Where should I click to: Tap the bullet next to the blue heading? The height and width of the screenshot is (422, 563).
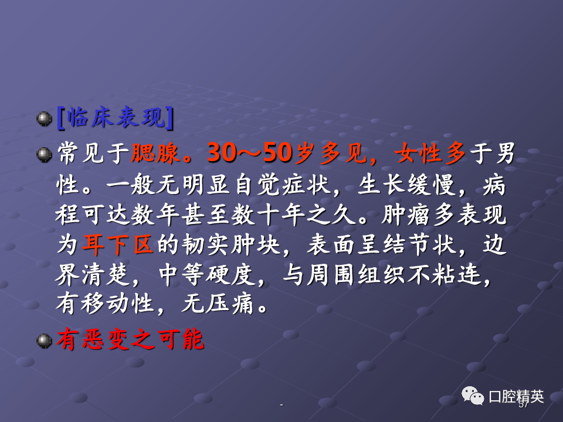tap(45, 119)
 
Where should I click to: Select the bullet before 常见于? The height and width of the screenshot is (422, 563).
tap(45, 155)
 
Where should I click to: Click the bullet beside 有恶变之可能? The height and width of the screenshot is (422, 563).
tap(45, 341)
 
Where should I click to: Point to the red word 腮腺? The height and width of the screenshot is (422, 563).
tap(155, 153)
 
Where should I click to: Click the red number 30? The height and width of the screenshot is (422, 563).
tap(222, 153)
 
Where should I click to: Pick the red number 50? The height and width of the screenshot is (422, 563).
tap(277, 153)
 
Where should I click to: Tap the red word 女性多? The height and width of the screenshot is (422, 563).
tap(430, 153)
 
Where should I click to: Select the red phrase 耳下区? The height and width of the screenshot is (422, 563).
tap(118, 245)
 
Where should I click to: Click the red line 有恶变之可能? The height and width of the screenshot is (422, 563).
tap(130, 339)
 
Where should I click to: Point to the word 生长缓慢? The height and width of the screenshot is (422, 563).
tap(407, 185)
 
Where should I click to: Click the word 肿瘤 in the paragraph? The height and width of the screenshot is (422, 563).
tap(405, 215)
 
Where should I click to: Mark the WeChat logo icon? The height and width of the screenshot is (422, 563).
tap(473, 396)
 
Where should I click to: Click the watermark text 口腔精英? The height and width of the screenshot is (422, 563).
tap(516, 397)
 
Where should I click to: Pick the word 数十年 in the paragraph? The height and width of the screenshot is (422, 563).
tap(268, 215)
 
